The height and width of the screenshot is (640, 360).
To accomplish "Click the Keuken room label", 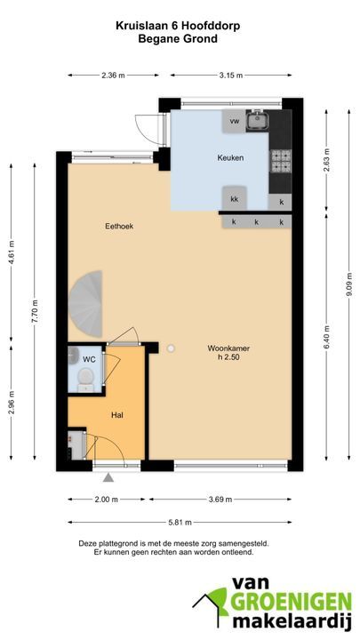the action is (230, 157).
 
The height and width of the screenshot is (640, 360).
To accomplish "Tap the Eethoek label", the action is (119, 226).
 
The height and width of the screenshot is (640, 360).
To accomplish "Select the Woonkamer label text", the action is (228, 348).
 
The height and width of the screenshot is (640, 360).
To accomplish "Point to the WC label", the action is (89, 359).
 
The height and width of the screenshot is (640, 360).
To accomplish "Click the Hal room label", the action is (117, 415).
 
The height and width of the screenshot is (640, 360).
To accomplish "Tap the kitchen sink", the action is (258, 120).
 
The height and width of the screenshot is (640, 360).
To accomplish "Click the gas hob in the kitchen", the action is (281, 160).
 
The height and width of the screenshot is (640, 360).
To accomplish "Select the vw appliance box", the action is (234, 121).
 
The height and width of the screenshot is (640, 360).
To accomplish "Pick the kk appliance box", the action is (234, 199).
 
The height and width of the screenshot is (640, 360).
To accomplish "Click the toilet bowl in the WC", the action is (85, 377).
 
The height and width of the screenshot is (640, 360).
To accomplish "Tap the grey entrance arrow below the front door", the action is (108, 477).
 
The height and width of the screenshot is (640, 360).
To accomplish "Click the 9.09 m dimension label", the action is (350, 285).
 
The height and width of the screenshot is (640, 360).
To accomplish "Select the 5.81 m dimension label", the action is (180, 522).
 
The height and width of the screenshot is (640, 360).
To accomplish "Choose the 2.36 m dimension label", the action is (114, 75).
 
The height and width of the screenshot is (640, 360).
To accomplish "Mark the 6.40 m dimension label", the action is (326, 337).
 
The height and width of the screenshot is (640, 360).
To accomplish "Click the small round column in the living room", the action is (171, 348).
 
